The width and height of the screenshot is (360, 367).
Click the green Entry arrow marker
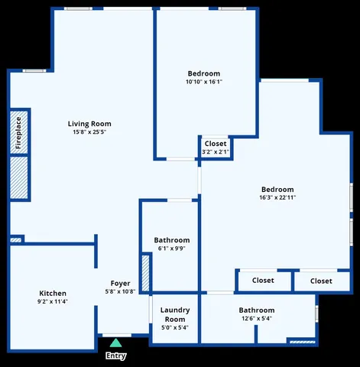115,343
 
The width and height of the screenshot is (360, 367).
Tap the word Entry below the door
115,356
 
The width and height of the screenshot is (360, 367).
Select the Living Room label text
89,124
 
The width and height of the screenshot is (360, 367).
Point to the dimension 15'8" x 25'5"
89,132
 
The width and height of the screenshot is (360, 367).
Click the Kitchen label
53,293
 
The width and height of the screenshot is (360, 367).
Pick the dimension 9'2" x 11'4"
53,301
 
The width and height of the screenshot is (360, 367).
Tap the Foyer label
120,284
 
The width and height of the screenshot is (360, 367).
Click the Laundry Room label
174,314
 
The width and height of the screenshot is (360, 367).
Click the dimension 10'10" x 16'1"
204,82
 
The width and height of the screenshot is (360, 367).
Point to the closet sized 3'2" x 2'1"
216,148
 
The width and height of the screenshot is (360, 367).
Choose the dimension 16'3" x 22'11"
277,197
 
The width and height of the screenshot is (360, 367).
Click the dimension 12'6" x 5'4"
256,319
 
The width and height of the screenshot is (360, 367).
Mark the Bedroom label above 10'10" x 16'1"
204,73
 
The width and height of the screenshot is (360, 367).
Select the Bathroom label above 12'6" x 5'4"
256,310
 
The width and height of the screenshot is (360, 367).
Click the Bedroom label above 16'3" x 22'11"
277,189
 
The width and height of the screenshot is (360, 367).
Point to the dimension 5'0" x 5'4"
174,327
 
